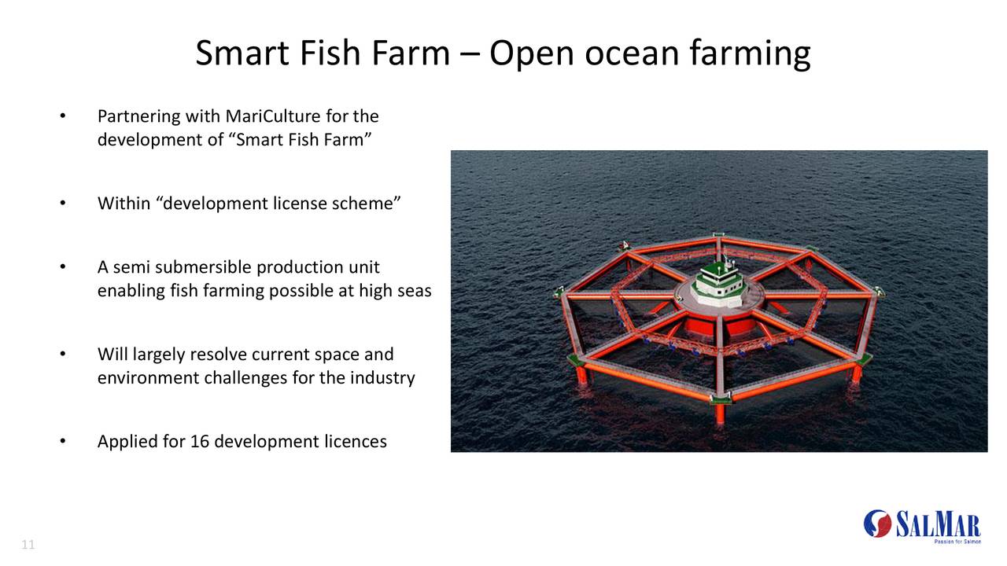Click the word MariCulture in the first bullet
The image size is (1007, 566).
point(271,116)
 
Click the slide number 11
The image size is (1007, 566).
point(28,545)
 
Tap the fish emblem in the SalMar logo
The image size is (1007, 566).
point(878,523)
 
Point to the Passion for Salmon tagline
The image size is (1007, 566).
point(957,542)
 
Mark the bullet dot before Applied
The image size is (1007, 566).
point(63,441)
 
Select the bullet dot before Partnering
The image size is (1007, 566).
point(63,116)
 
